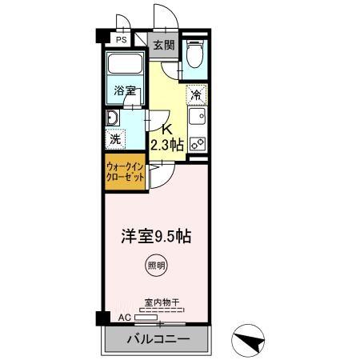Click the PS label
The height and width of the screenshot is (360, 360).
coord(122,39)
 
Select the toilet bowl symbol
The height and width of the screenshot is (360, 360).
coord(194,57)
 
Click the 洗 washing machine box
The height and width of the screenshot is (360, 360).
coord(117,137)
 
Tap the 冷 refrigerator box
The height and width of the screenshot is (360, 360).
coord(196,94)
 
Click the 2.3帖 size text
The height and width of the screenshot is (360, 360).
coord(167,145)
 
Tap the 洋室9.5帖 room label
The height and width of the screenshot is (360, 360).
coord(155,238)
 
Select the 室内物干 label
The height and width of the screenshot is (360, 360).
coord(162,303)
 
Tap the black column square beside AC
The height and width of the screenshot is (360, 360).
coord(102,318)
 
